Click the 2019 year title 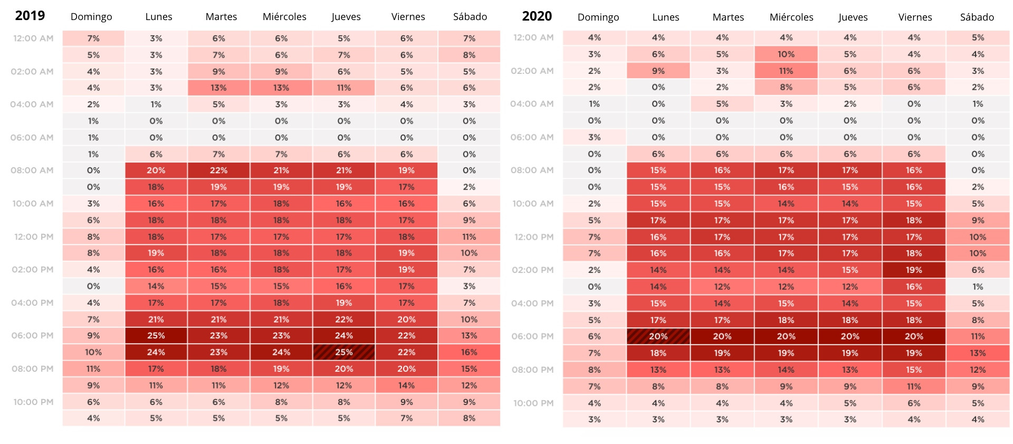30,16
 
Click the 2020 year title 537,16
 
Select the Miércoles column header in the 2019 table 284,17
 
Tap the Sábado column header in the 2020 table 977,17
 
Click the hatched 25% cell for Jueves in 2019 344,352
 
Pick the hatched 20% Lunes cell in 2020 658,336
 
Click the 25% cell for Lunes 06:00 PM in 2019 156,336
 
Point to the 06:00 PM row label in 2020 532,336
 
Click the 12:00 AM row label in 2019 33,39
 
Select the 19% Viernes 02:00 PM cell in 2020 914,270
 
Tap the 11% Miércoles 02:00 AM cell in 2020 786,71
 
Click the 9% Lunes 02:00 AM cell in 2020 658,71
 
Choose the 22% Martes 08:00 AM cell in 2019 218,171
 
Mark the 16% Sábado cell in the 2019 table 469,352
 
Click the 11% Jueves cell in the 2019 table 344,88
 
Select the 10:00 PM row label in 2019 33,402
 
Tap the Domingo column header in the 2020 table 598,17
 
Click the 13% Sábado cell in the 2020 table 978,353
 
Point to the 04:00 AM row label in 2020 532,104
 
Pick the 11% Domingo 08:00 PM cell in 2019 93,369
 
